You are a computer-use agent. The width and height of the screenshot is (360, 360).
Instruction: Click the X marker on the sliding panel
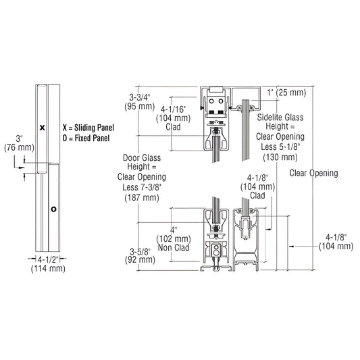pyautogui.click(x=42, y=126)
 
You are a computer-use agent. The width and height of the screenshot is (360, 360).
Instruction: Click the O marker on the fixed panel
pyautogui.click(x=53, y=209)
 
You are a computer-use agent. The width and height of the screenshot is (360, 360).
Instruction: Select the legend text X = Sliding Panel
pyautogui.click(x=88, y=126)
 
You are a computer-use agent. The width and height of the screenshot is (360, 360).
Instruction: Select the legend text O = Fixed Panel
pyautogui.click(x=84, y=138)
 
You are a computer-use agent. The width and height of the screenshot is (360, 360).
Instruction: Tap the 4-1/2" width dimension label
pyautogui.click(x=47, y=259)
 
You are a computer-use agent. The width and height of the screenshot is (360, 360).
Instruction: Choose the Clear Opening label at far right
pyautogui.click(x=313, y=173)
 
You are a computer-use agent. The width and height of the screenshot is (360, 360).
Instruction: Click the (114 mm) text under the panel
pyautogui.click(x=47, y=269)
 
